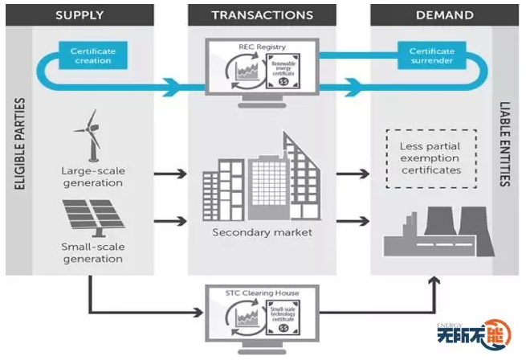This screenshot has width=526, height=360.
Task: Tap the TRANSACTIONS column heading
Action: [x=262, y=14]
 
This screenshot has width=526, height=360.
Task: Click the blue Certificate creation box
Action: [x=92, y=56]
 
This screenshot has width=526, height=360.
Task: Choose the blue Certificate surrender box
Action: [x=431, y=56]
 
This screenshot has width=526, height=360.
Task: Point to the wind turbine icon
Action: [x=88, y=137]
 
